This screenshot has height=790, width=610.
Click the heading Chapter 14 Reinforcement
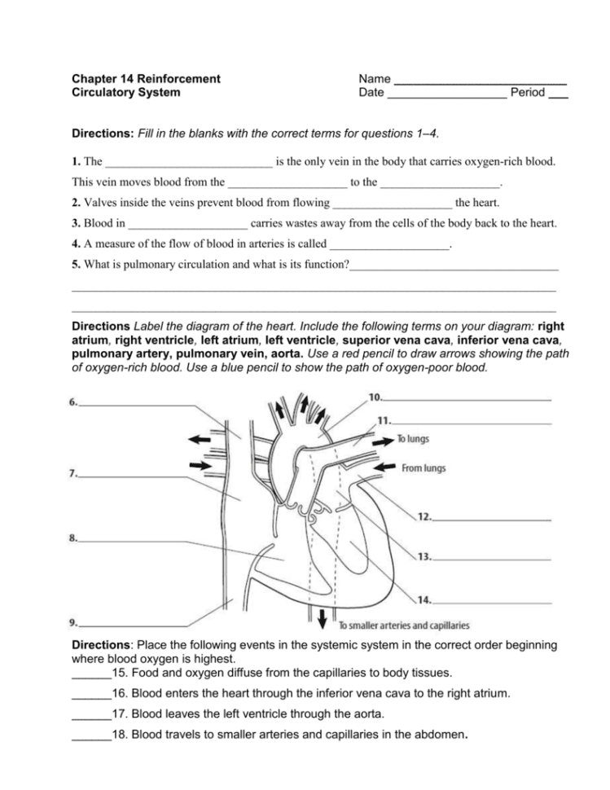pyautogui.click(x=146, y=79)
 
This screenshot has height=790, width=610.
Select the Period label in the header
pyautogui.click(x=527, y=93)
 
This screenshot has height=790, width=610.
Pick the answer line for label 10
pyautogui.click(x=467, y=400)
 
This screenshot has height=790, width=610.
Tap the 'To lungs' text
pyautogui.click(x=413, y=439)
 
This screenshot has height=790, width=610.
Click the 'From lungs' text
pyautogui.click(x=423, y=468)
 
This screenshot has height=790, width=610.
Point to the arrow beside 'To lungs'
pyautogui.click(x=380, y=440)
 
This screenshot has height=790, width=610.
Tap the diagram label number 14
pyautogui.click(x=423, y=600)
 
